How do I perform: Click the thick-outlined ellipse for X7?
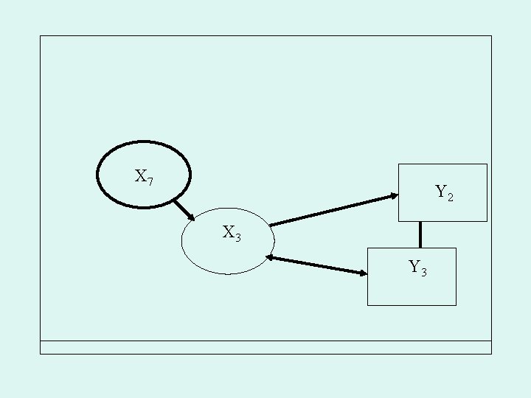pyautogui.click(x=145, y=174)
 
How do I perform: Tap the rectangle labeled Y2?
pyautogui.click(x=442, y=192)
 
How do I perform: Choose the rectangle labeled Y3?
pyautogui.click(x=412, y=276)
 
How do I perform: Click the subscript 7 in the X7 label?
pyautogui.click(x=150, y=181)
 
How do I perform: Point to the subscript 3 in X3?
pyautogui.click(x=237, y=237)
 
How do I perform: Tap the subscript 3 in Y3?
pyautogui.click(x=423, y=272)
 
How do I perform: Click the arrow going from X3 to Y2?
pyautogui.click(x=332, y=209)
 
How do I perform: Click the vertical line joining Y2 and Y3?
pyautogui.click(x=420, y=234)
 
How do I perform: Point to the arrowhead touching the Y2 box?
pyautogui.click(x=393, y=196)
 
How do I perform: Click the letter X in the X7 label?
pyautogui.click(x=140, y=175)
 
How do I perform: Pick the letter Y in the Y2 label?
pyautogui.click(x=440, y=192)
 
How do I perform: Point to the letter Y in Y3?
pyautogui.click(x=414, y=266)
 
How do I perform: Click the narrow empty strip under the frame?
pyautogui.click(x=265, y=347)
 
